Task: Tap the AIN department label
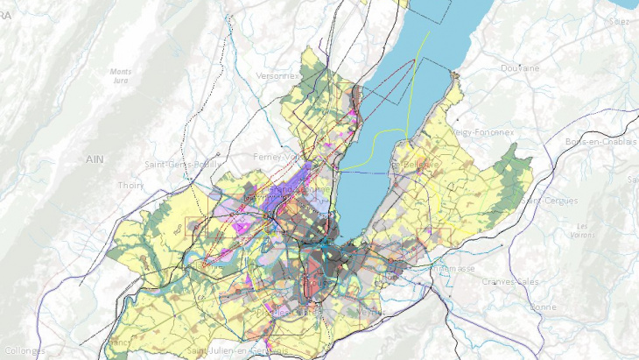coord(95,159)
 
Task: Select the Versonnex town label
coord(278,76)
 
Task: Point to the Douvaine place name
coord(520,67)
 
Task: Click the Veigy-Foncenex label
coord(483,131)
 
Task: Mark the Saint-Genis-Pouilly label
coord(185,164)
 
